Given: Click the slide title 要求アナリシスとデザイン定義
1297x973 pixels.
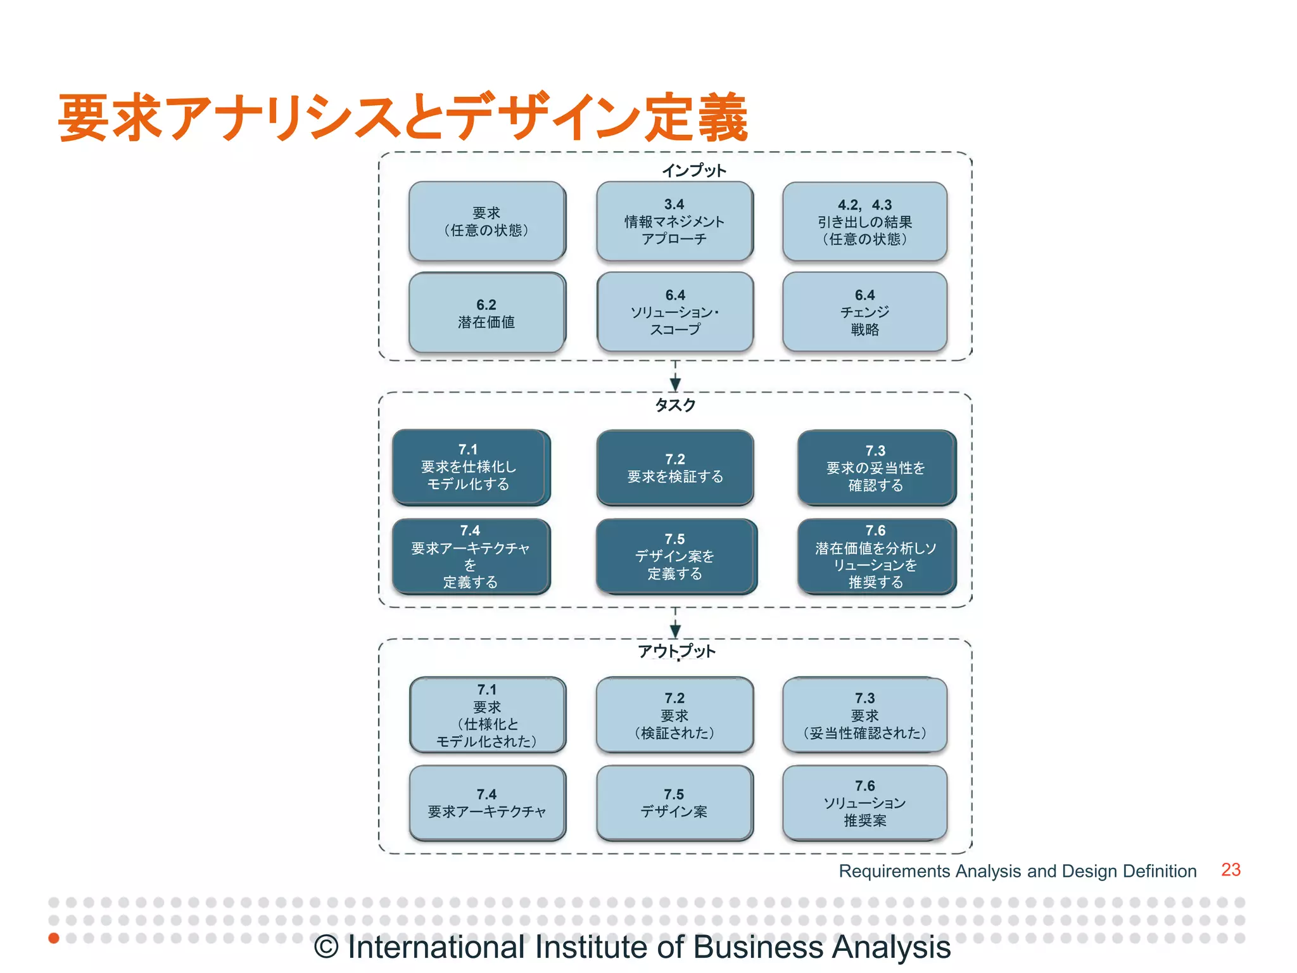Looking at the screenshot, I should tap(403, 118).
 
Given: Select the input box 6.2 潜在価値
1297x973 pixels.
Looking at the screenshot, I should tap(486, 313).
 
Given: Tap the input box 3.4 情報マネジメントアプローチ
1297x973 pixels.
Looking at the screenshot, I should tap(674, 222).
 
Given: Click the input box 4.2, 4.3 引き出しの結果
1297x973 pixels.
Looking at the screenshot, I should tap(864, 222).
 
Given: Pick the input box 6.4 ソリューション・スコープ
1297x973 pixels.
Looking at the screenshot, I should tap(675, 312).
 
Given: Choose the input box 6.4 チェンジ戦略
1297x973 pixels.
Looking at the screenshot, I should tap(864, 312).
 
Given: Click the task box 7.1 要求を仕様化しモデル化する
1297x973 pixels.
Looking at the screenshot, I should tap(470, 467).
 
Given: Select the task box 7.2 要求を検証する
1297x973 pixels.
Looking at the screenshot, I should tap(675, 468).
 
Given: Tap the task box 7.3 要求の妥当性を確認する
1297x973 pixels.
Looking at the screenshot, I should tap(876, 468).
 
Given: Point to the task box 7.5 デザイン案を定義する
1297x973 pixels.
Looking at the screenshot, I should tap(675, 556).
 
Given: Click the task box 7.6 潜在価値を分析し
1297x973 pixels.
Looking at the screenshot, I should tap(876, 556).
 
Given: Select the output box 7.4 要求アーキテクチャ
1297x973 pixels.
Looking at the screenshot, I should tap(487, 803).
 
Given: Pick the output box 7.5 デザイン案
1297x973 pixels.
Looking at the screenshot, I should tap(674, 803).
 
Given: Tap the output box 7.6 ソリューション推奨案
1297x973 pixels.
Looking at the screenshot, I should tap(864, 803).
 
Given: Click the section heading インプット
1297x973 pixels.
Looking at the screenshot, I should tap(694, 170).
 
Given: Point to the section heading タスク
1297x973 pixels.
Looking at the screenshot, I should tap(675, 405).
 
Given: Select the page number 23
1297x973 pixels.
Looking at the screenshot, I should tap(1231, 870).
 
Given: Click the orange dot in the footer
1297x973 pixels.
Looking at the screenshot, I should tap(54, 938).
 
